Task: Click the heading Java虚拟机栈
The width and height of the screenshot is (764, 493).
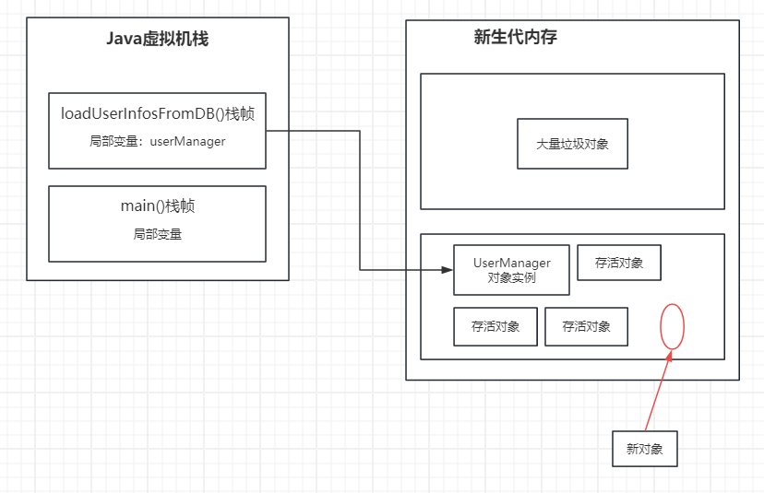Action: pyautogui.click(x=158, y=40)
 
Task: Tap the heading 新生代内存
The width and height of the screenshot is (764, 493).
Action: pyautogui.click(x=515, y=38)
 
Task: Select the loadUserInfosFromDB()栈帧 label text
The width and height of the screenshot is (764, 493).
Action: pyautogui.click(x=157, y=114)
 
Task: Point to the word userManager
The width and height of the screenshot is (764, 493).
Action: pyautogui.click(x=187, y=141)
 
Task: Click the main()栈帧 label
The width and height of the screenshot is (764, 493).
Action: pyautogui.click(x=157, y=206)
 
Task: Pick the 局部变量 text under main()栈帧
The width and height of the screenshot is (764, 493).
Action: pyautogui.click(x=157, y=234)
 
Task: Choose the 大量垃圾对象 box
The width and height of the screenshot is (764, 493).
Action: pyautogui.click(x=572, y=144)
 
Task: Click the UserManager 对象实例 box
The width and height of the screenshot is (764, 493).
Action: pyautogui.click(x=511, y=270)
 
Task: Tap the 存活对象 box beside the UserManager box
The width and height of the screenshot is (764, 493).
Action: pyautogui.click(x=618, y=263)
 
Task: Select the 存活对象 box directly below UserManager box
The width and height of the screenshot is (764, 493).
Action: pyautogui.click(x=495, y=326)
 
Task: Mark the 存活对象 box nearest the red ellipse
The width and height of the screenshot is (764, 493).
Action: pyautogui.click(x=586, y=326)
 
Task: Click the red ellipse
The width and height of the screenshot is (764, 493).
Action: pyautogui.click(x=673, y=326)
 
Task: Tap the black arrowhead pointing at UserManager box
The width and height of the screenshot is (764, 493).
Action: pyautogui.click(x=448, y=270)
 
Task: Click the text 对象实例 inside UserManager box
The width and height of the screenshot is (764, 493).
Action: pyautogui.click(x=511, y=277)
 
